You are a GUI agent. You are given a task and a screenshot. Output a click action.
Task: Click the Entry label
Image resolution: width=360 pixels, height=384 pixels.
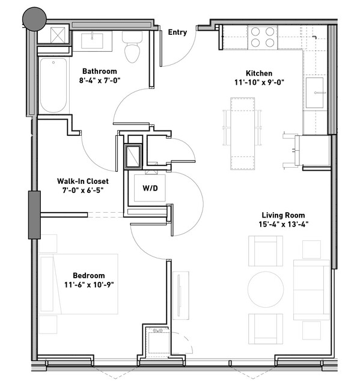click(177, 32)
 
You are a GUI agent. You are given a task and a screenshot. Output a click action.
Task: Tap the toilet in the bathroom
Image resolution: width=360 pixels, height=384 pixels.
click(132, 47)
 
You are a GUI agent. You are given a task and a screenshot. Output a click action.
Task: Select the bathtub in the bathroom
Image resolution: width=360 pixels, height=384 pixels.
click(53, 85)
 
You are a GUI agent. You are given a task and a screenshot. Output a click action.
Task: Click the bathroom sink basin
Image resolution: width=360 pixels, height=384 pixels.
click(92, 41)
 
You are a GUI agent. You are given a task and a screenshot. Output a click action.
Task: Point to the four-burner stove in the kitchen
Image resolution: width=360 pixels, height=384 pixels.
click(263, 37)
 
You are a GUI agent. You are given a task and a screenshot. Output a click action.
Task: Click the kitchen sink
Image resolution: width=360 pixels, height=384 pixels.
click(314, 93)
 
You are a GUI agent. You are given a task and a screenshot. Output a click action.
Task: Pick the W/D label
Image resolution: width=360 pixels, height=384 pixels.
click(150, 188)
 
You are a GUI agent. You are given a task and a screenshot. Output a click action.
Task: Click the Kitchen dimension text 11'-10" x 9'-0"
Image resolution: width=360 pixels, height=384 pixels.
click(259, 82)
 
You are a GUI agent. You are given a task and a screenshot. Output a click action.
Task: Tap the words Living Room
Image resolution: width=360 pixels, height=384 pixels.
click(283, 215)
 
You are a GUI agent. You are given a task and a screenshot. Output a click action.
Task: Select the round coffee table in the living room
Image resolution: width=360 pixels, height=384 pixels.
click(266, 289)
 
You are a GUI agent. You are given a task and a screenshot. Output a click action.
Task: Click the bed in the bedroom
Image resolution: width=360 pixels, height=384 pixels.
click(78, 284)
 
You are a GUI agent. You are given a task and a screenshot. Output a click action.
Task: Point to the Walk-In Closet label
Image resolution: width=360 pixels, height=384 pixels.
click(83, 181)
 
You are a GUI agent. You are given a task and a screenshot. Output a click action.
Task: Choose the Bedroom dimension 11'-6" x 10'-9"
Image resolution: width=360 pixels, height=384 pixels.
click(89, 285)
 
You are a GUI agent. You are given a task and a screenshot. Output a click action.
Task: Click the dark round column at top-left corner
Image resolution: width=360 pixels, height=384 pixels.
click(34, 19)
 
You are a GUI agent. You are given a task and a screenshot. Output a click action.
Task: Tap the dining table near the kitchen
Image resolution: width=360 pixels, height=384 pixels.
click(242, 133)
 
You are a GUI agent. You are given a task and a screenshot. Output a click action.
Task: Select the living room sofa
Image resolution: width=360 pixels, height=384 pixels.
click(311, 290)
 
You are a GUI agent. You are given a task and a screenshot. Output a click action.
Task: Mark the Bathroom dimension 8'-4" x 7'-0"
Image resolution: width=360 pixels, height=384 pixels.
click(100, 81)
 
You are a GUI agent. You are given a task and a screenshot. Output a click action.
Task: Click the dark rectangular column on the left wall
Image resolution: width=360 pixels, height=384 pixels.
click(34, 215)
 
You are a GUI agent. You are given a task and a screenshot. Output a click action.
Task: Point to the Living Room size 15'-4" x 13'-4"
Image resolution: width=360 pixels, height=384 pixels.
click(283, 224)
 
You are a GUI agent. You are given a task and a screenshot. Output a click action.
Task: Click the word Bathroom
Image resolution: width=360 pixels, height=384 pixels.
click(100, 72)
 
